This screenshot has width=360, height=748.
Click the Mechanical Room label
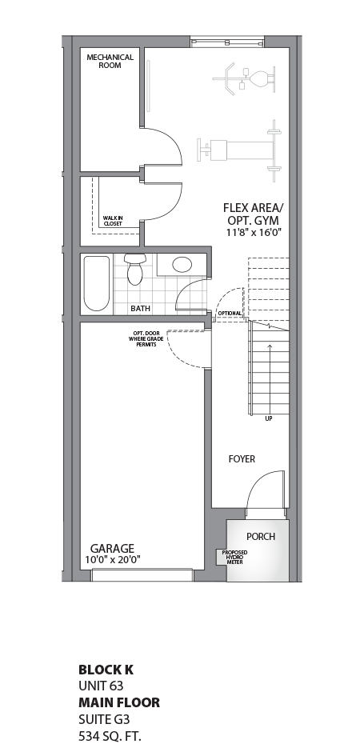click(110, 61)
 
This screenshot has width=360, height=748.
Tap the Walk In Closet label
click(112, 221)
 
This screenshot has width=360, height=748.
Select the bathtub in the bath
click(97, 283)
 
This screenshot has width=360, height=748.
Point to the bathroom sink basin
click(183, 265)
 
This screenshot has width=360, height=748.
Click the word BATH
click(141, 308)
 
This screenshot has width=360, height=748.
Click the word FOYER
click(242, 459)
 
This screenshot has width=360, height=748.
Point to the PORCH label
click(261, 536)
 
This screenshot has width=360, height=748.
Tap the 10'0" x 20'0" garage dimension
click(112, 560)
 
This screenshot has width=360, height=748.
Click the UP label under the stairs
click(268, 418)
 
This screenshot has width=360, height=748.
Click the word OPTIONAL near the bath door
click(230, 313)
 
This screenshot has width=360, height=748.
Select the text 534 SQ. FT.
click(111, 735)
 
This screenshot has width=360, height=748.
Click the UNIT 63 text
click(101, 686)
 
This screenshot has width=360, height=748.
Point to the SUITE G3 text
click(103, 719)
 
